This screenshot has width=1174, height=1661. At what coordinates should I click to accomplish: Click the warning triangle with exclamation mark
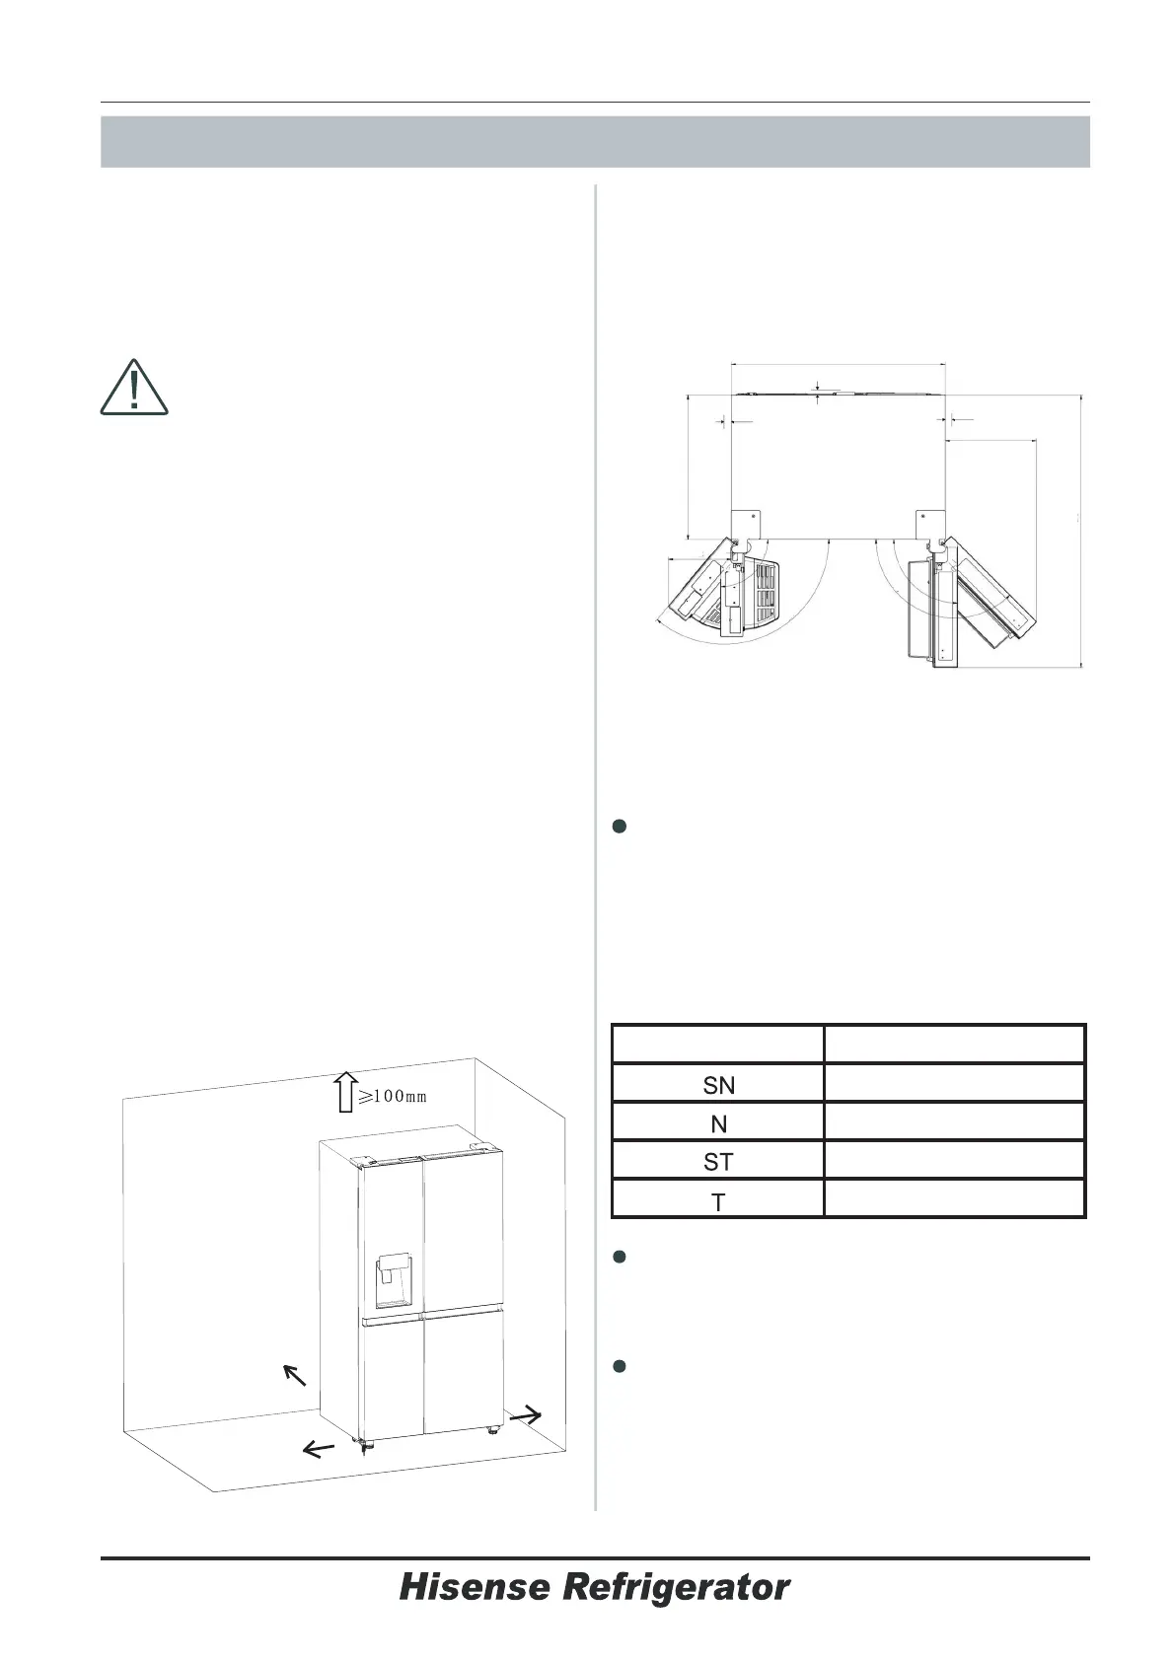(134, 388)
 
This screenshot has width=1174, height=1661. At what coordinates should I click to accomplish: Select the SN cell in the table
(718, 1084)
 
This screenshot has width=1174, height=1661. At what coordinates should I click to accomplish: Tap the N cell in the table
(718, 1122)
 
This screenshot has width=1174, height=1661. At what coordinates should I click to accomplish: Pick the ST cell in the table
(718, 1161)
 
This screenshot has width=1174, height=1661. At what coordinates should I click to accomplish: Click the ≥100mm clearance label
(392, 1096)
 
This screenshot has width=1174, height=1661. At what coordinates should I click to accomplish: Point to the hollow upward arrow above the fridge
(345, 1093)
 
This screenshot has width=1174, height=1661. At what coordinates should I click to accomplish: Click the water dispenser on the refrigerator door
(393, 1281)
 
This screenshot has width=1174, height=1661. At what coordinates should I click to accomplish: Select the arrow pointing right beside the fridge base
(525, 1414)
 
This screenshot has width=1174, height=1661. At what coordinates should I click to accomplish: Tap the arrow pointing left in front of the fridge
(317, 1448)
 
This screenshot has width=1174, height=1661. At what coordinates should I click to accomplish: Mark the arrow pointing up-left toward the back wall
(292, 1374)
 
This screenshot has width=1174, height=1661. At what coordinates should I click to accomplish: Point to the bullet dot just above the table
(621, 828)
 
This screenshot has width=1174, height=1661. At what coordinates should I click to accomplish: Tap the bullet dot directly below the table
(621, 1257)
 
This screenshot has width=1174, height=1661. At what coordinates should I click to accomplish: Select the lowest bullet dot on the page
(621, 1366)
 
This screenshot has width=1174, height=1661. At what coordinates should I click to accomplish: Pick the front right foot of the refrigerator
(490, 1427)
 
